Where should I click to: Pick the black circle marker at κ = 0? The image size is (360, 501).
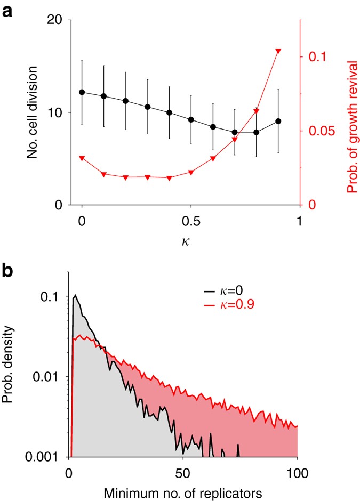click(x=82, y=92)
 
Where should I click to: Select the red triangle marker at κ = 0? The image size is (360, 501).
click(x=82, y=158)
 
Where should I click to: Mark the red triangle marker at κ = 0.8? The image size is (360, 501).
click(x=257, y=111)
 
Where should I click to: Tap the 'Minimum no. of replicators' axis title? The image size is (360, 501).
click(x=182, y=493)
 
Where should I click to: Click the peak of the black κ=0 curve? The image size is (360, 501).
click(x=76, y=295)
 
